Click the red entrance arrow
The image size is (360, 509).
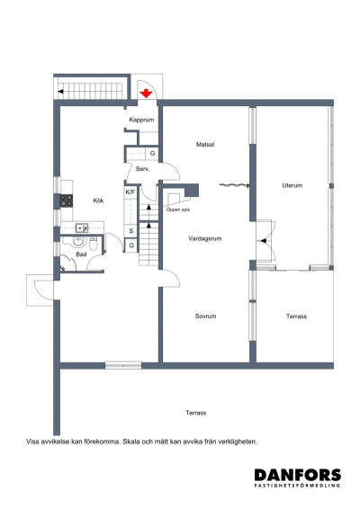click(x=146, y=91)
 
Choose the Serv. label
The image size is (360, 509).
click(x=142, y=169)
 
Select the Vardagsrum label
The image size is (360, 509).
click(x=205, y=238)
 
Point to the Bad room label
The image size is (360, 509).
click(x=81, y=254)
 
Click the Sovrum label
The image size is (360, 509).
click(x=206, y=317)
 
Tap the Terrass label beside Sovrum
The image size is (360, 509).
click(x=297, y=317)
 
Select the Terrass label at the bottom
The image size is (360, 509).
click(x=196, y=413)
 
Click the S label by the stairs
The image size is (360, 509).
click(x=131, y=231)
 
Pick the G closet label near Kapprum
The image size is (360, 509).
click(x=153, y=154)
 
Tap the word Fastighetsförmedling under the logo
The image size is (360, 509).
click(x=297, y=486)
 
